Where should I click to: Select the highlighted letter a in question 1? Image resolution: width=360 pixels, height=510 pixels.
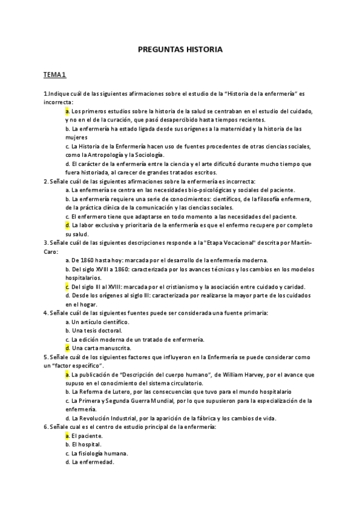(x=67, y=111)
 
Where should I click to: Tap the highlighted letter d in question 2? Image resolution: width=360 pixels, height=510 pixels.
(x=67, y=225)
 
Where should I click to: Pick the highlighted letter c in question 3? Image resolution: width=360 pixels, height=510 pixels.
(x=67, y=287)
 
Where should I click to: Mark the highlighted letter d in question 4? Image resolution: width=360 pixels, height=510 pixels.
(x=67, y=348)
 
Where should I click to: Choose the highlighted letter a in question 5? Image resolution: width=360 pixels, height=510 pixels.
(x=67, y=375)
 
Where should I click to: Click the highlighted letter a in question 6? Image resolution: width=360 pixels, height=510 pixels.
(x=67, y=435)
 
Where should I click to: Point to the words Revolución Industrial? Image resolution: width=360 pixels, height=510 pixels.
(x=111, y=419)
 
